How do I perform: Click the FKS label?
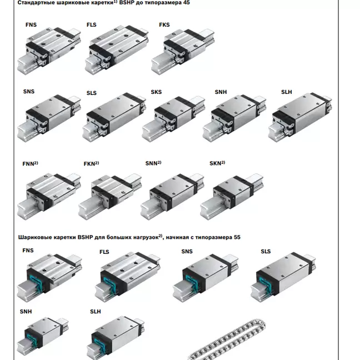[164, 25]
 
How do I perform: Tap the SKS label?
[156, 92]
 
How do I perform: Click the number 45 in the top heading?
[187, 3]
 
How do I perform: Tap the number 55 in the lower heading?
[237, 237]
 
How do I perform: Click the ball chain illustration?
[227, 339]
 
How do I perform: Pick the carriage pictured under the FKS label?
[183, 52]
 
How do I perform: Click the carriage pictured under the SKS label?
[173, 119]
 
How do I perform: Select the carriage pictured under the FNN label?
[49, 196]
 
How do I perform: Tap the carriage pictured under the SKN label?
[232, 197]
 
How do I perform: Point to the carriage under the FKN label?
[110, 197]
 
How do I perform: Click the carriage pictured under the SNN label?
[172, 197]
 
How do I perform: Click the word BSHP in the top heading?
[127, 3]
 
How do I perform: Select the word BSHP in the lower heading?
[85, 237]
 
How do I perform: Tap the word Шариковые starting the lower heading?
[35, 237]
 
